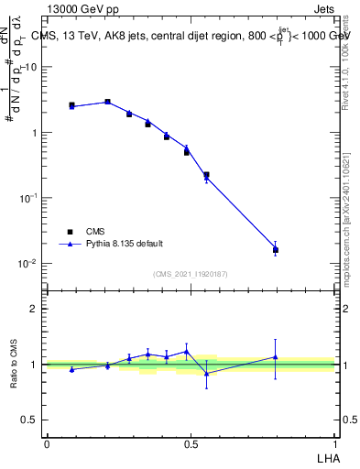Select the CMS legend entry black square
[x=70, y=232]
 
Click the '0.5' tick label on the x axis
[x=191, y=443]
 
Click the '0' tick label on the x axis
[x=47, y=443]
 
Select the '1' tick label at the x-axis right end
[x=334, y=443]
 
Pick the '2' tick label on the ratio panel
[x=33, y=309]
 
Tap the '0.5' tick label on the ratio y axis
[x=29, y=420]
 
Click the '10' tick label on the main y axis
[x=30, y=67]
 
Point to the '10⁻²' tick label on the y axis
[x=28, y=264]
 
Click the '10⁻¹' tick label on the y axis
[x=28, y=198]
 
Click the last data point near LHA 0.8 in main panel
[x=276, y=249]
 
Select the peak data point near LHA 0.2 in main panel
[x=107, y=102]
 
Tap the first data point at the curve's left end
[x=71, y=106]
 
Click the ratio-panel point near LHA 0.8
[x=276, y=357]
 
